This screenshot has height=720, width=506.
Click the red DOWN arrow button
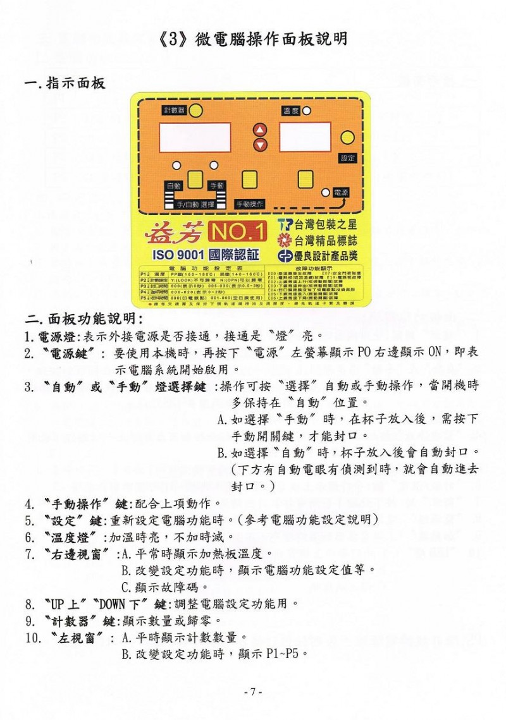point(260,145)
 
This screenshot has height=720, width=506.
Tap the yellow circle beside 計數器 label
point(197,111)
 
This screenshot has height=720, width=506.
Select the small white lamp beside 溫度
point(307,111)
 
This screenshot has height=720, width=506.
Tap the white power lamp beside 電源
point(325,192)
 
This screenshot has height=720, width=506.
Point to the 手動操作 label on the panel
point(250,204)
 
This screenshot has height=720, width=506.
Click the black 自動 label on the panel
point(174,186)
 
